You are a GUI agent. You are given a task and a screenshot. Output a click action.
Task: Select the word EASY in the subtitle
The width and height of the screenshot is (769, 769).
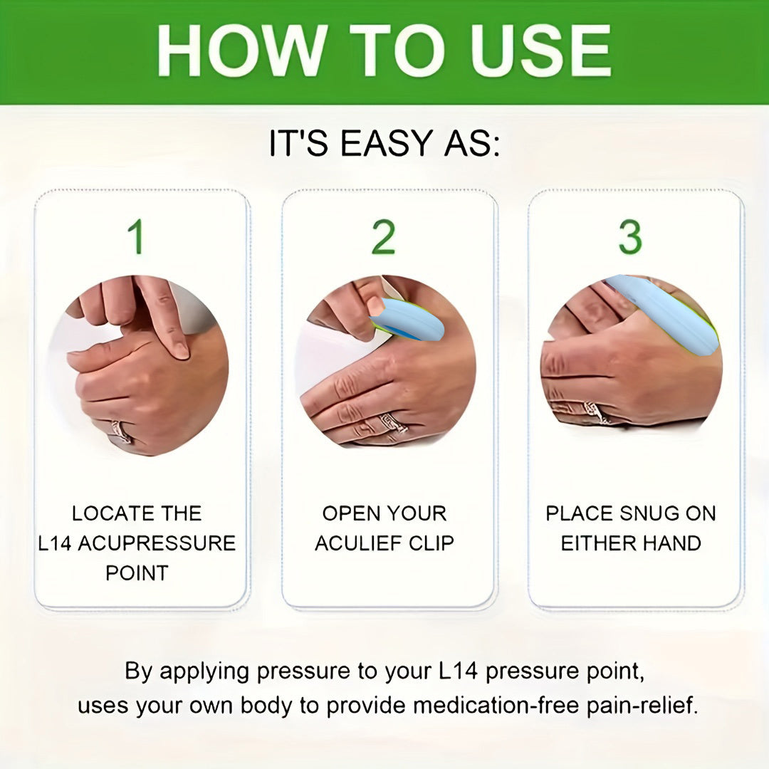pos(385,143)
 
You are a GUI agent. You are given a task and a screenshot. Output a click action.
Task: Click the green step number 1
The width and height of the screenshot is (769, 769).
pos(137,237)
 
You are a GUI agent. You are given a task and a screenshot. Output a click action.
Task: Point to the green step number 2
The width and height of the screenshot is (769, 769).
pos(384,237)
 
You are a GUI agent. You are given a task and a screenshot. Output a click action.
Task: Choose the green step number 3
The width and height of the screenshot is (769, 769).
pos(631,237)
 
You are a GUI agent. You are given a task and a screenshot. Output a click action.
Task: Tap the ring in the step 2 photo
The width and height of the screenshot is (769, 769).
pos(392,423)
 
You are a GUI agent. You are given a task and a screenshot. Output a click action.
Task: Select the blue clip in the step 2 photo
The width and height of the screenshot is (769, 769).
pos(407,319)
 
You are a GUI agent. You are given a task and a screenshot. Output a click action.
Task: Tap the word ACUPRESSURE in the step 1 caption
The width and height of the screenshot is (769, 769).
pos(157,543)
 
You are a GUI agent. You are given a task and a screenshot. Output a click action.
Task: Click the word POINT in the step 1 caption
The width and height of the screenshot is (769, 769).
pos(137,572)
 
